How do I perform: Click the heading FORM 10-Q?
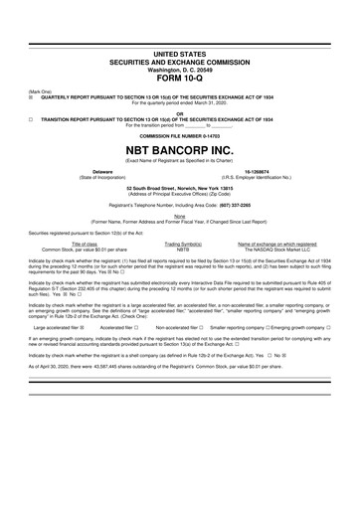point(179,81)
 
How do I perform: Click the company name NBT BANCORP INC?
point(179,147)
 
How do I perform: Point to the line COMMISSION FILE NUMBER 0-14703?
point(179,133)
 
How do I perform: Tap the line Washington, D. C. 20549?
point(179,71)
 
